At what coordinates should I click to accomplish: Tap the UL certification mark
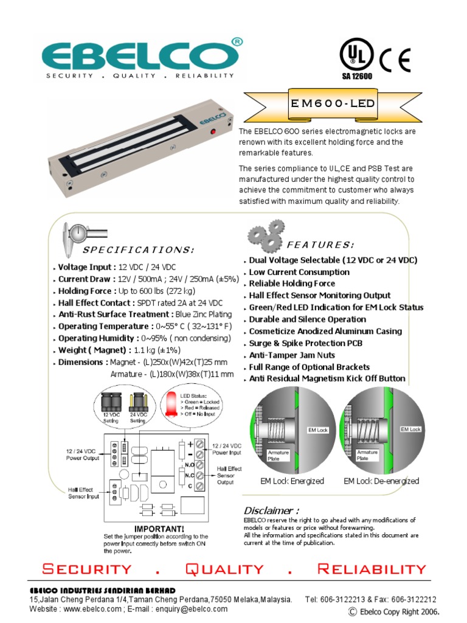(x=355, y=57)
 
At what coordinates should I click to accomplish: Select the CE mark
(x=396, y=60)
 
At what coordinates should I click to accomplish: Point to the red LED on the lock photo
(x=213, y=132)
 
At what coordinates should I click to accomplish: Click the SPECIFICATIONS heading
(x=139, y=250)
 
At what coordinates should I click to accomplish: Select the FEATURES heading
(x=320, y=245)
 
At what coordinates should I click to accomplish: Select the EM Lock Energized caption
(x=292, y=481)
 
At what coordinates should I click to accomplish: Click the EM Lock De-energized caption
(x=381, y=481)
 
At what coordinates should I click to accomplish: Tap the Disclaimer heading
(x=271, y=510)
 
